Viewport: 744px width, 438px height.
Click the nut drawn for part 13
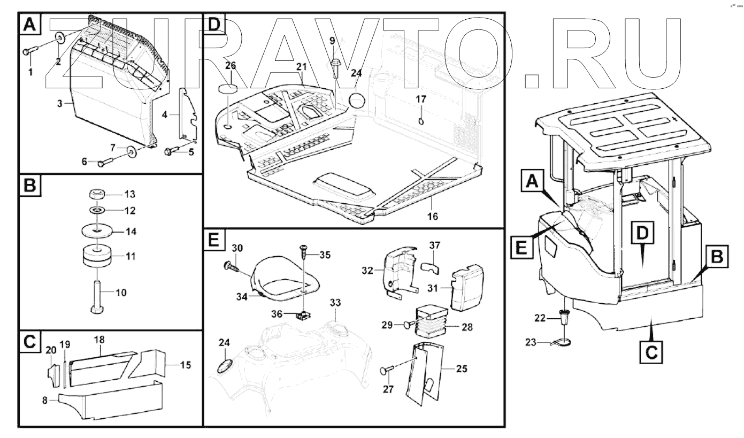(96, 194)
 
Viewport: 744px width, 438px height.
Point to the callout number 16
(432, 216)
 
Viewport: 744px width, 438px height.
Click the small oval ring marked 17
(421, 121)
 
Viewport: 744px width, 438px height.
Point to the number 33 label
(335, 303)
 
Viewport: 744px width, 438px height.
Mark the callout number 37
(434, 245)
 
